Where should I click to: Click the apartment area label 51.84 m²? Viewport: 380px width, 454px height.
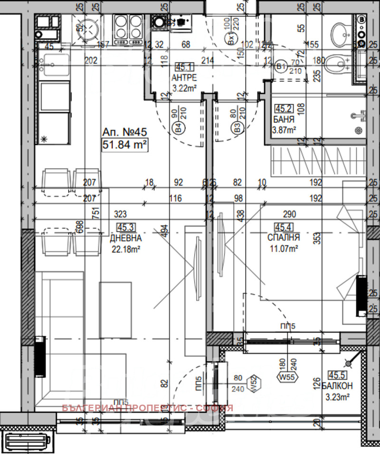pyautogui.click(x=123, y=144)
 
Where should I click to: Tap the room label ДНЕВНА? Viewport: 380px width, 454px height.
pyautogui.click(x=124, y=238)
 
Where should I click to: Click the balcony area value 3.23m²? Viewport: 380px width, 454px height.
pyautogui.click(x=339, y=397)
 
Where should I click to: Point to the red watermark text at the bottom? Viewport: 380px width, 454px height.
pyautogui.click(x=148, y=408)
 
